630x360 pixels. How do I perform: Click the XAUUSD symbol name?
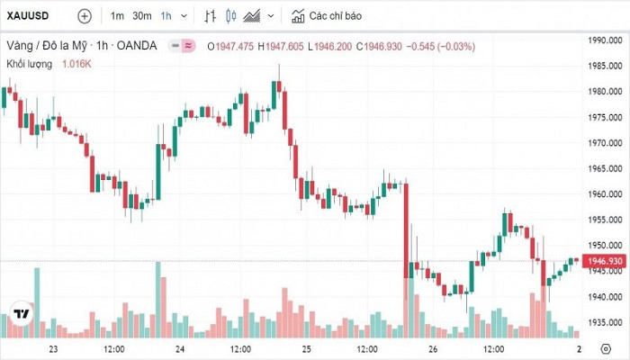[28, 16]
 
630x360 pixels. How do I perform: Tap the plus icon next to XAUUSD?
[84, 16]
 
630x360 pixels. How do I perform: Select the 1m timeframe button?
[117, 16]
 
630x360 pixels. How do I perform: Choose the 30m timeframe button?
[142, 16]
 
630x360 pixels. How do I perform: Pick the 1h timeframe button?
[166, 16]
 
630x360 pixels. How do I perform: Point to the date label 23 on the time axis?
[53, 349]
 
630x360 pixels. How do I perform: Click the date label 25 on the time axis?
[306, 349]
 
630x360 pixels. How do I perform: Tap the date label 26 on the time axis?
[432, 349]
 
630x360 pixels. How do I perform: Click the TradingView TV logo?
[20, 316]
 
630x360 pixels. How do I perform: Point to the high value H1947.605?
[281, 46]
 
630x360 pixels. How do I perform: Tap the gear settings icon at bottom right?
[605, 349]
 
